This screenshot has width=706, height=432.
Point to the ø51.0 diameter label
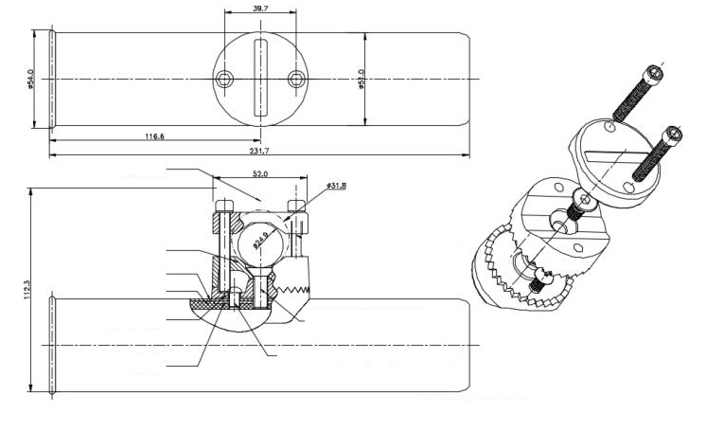coord(362,81)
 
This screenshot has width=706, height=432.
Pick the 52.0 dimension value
coord(260,174)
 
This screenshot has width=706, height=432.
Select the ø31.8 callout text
coord(336,186)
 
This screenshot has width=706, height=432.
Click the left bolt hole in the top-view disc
coord(224,79)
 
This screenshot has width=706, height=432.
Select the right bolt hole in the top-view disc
coord(298,79)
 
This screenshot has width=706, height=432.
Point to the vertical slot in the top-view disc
coord(261,79)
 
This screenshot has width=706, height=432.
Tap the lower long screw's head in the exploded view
coord(672,135)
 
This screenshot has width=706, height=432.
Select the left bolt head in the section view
coord(223,206)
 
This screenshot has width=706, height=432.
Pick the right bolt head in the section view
coord(297,206)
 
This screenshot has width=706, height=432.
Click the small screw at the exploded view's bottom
coord(540,278)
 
